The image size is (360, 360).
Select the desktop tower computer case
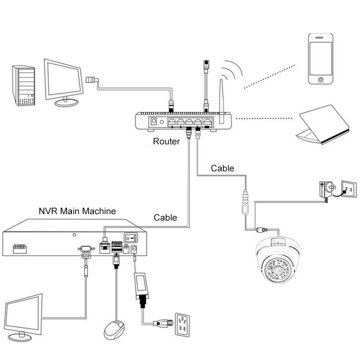pos(23,85)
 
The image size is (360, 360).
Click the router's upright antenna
pos(222,97)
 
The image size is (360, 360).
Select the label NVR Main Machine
pos(77,211)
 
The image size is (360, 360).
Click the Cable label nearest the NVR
pos(166,217)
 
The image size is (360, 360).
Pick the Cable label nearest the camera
pos(223,168)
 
